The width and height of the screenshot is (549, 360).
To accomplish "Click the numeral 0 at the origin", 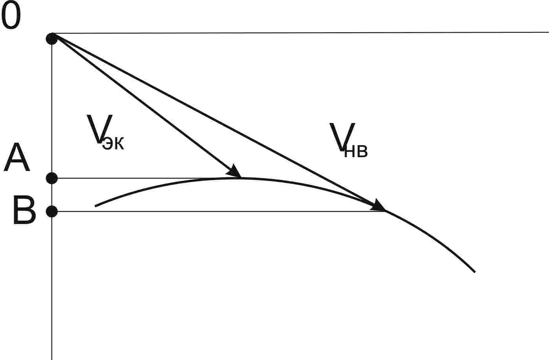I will pyautogui.click(x=11, y=17).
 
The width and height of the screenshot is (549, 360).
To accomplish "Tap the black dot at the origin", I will pyautogui.click(x=52, y=39).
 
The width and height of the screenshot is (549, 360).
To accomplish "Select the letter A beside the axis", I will pyautogui.click(x=16, y=158).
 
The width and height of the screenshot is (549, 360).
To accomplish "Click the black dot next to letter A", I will pyautogui.click(x=52, y=178).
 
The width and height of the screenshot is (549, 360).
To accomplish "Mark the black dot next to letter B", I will pyautogui.click(x=52, y=211).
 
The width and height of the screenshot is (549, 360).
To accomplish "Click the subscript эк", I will pyautogui.click(x=113, y=144).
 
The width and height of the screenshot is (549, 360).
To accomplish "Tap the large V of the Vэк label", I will pyautogui.click(x=99, y=129).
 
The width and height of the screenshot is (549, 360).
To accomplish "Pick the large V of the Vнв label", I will pyautogui.click(x=342, y=137).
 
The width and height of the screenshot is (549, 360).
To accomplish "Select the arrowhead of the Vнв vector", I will pyautogui.click(x=379, y=206).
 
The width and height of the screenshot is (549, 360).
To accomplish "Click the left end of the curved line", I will pyautogui.click(x=95, y=206).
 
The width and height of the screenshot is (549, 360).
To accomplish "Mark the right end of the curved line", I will pyautogui.click(x=475, y=272).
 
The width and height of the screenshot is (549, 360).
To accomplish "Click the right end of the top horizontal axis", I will pyautogui.click(x=547, y=32).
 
